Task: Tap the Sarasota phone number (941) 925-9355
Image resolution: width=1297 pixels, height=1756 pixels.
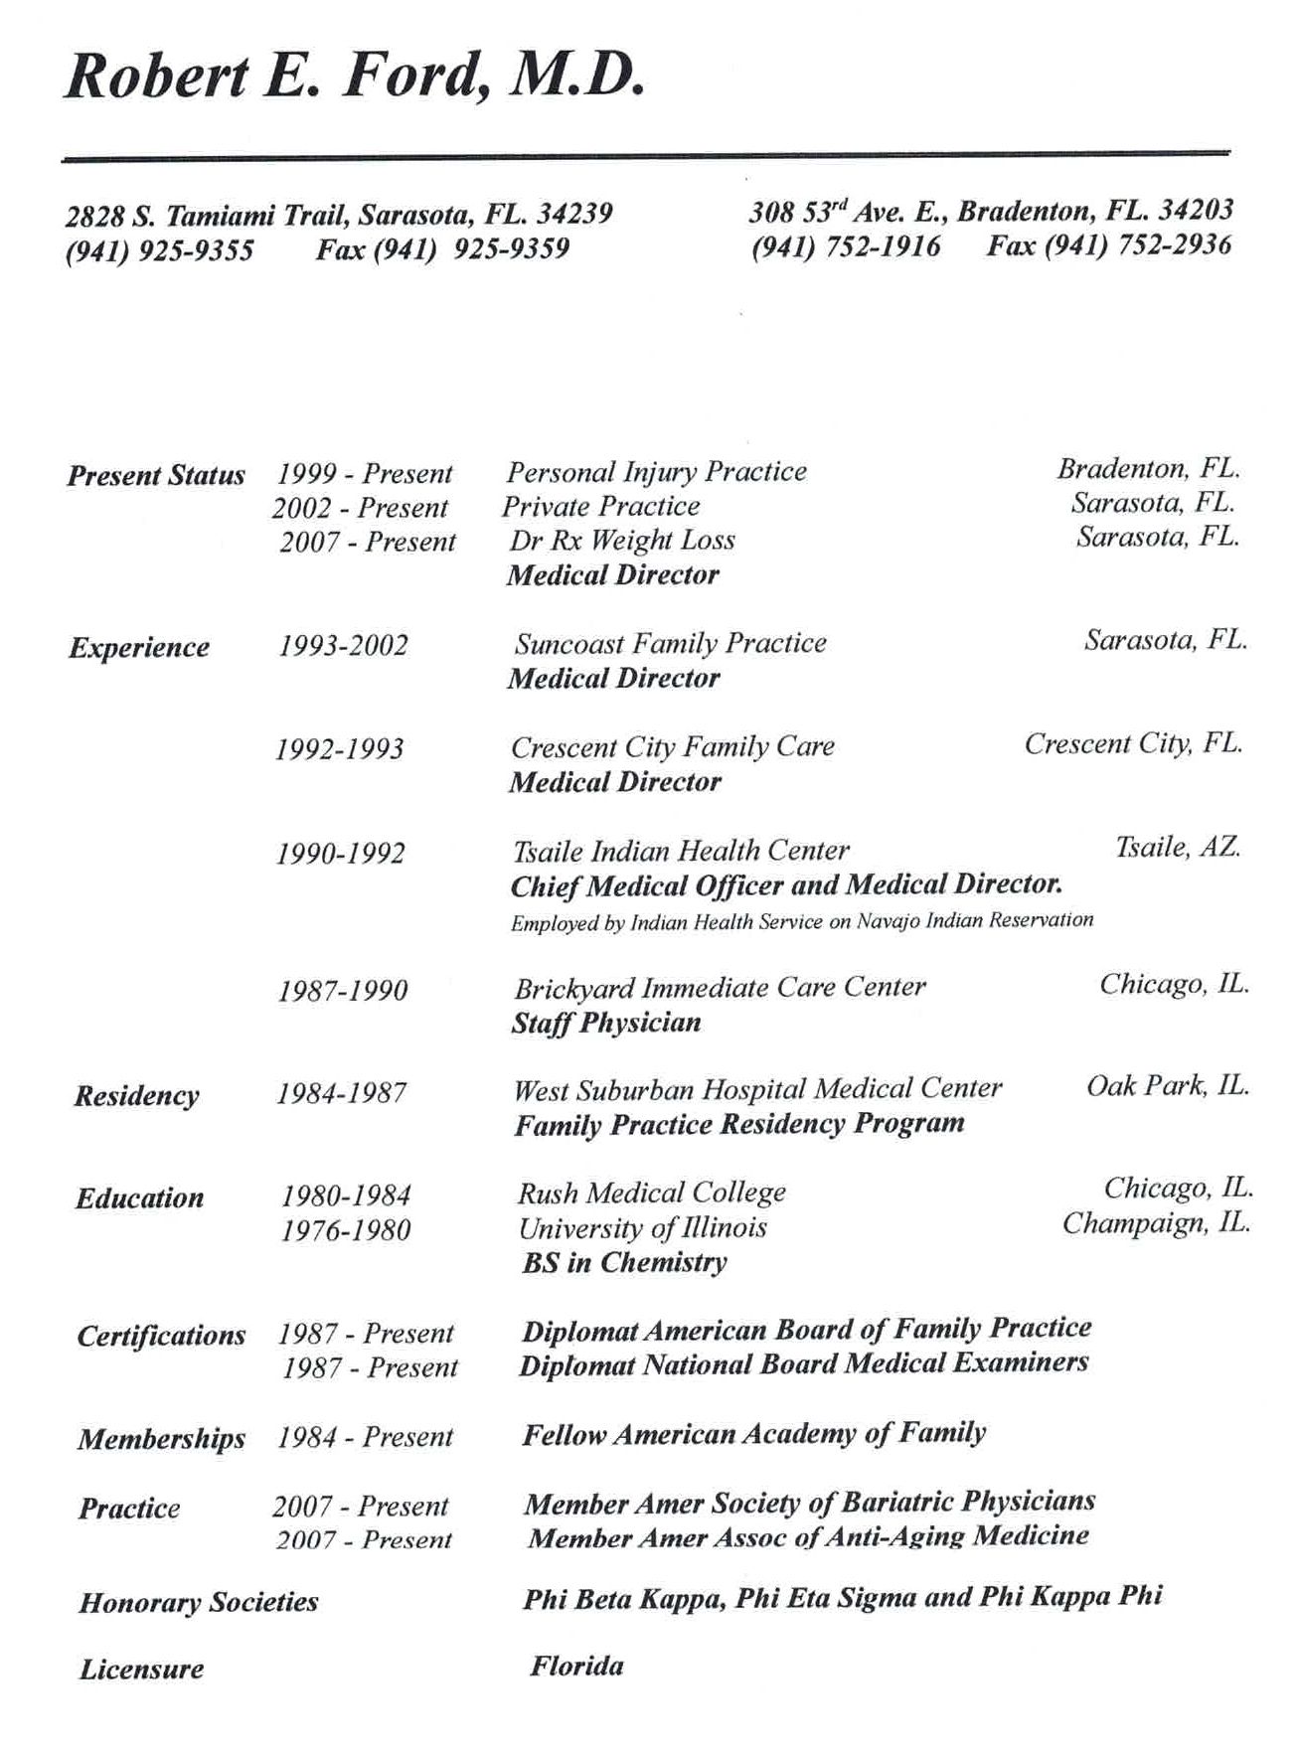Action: coord(159,249)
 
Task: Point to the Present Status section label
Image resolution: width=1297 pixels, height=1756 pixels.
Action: coord(156,475)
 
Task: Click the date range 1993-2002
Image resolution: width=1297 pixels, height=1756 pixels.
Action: coord(343,646)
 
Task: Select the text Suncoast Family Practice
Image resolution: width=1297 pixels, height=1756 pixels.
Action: coord(670,644)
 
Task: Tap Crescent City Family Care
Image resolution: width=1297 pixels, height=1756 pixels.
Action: coord(673,746)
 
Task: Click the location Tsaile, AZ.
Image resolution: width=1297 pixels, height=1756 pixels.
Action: coord(1178,847)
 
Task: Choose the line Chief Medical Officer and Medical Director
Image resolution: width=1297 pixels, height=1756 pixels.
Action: coord(786,884)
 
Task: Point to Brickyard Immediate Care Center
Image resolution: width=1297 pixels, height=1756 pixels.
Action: coord(720,988)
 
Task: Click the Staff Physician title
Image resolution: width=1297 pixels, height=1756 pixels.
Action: coord(606,1023)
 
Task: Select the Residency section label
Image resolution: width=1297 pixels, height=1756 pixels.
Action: coord(137,1095)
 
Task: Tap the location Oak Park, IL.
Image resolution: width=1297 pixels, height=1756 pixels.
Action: coord(1168,1085)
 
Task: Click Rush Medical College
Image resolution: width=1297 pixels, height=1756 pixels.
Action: coord(651,1193)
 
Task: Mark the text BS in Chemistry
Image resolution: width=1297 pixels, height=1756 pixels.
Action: coord(624,1262)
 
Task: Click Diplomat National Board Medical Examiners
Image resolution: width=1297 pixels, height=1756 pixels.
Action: coord(804,1363)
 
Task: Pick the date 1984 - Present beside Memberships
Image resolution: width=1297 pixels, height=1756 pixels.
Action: coord(365,1437)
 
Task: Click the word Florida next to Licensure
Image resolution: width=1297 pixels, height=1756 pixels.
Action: coord(576,1666)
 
